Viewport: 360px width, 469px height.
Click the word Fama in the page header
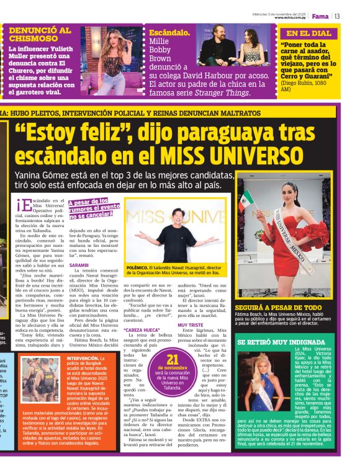tap(320, 16)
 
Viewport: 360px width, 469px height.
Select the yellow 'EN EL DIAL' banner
tap(308, 33)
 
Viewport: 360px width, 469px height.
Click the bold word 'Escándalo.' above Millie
tap(169, 31)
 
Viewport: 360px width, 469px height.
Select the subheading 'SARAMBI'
tap(79, 264)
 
